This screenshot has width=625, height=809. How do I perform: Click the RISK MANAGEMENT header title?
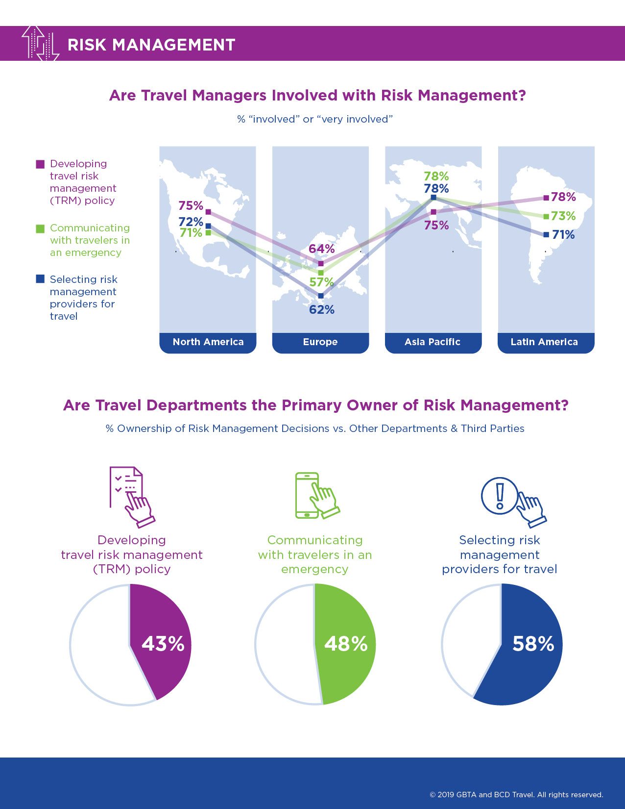151,45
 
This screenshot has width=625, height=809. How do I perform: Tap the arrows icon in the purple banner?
40,44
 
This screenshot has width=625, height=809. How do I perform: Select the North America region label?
208,342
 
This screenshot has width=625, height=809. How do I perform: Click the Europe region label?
320,342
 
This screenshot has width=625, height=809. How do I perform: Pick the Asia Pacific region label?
433,342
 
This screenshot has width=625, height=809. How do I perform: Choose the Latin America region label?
544,342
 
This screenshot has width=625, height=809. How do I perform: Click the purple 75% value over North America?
191,205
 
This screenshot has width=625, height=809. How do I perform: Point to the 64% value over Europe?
321,249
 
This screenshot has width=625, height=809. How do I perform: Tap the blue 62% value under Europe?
322,309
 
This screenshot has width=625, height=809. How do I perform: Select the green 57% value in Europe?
321,282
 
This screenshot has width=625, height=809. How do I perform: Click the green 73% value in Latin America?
563,216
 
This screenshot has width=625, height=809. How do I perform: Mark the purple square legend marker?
41,164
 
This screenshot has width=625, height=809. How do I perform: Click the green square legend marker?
41,228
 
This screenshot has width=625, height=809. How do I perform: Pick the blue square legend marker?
41,279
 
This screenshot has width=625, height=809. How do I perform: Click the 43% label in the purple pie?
163,644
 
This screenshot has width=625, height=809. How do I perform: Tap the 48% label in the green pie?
346,644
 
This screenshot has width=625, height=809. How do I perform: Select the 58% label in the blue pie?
533,644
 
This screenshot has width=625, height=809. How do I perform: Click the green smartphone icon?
308,495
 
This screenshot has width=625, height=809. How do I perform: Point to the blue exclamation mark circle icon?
499,496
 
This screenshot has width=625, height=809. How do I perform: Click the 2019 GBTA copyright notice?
516,795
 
